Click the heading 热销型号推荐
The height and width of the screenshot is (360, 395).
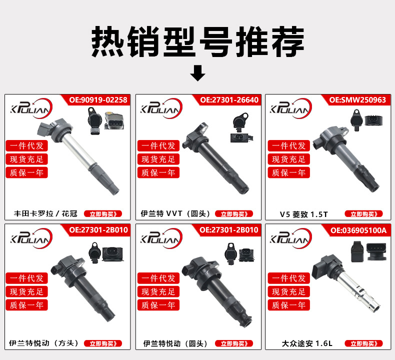tap(198, 41)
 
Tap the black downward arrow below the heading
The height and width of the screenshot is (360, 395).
tap(198, 73)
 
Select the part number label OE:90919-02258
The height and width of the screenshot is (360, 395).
tap(98, 100)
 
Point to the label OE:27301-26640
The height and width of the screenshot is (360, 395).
tap(229, 100)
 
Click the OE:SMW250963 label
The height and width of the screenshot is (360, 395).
tap(357, 100)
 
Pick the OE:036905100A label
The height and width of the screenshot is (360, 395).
tap(358, 230)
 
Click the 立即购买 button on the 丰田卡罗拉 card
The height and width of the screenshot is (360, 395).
tap(103, 214)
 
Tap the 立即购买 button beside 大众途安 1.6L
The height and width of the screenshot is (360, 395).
tap(364, 343)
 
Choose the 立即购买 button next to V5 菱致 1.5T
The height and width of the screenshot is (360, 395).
tap(364, 214)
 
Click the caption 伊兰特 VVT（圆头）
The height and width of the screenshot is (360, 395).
tap(175, 213)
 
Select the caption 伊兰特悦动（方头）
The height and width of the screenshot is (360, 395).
tap(44, 343)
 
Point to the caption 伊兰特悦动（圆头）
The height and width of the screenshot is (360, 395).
tap(175, 343)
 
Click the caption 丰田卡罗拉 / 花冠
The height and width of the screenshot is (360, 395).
tap(45, 213)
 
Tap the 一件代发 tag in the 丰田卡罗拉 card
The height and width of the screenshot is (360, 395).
tap(26, 145)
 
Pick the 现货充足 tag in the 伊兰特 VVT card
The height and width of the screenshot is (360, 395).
tap(158, 159)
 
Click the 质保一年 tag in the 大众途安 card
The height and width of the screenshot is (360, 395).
tap(288, 305)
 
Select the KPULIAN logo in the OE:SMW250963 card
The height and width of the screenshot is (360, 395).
tap(290, 108)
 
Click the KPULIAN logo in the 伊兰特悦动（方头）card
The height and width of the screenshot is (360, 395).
tap(31, 238)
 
